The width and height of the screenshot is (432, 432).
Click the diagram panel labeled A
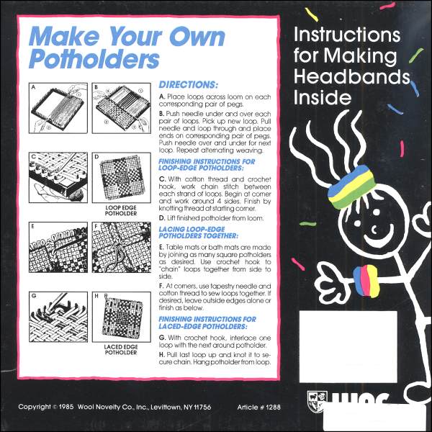point(58,108)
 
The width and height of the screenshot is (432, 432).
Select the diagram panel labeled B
point(122,108)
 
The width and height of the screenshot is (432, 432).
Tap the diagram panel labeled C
point(58,178)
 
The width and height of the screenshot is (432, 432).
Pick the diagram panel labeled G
point(58,317)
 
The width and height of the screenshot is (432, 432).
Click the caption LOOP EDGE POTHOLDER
point(121,210)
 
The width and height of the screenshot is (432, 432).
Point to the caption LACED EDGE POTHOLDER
point(121,350)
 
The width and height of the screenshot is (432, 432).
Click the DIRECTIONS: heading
point(188,84)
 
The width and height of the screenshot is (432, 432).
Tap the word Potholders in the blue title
point(94,59)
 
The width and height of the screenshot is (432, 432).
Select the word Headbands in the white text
point(352,76)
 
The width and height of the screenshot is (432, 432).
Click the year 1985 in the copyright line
point(66,407)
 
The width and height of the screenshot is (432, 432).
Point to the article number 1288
point(274,408)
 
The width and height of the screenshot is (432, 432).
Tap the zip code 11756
point(202,408)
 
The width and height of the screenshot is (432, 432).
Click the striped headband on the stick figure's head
point(352,186)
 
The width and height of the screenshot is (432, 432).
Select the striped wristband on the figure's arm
point(366,281)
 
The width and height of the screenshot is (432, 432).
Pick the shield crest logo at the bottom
point(318,401)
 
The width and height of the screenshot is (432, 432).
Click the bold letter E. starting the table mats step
point(162,248)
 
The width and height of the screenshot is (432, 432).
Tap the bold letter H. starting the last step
point(162,355)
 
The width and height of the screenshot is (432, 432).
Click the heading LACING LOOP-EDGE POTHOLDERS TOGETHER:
point(199,233)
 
